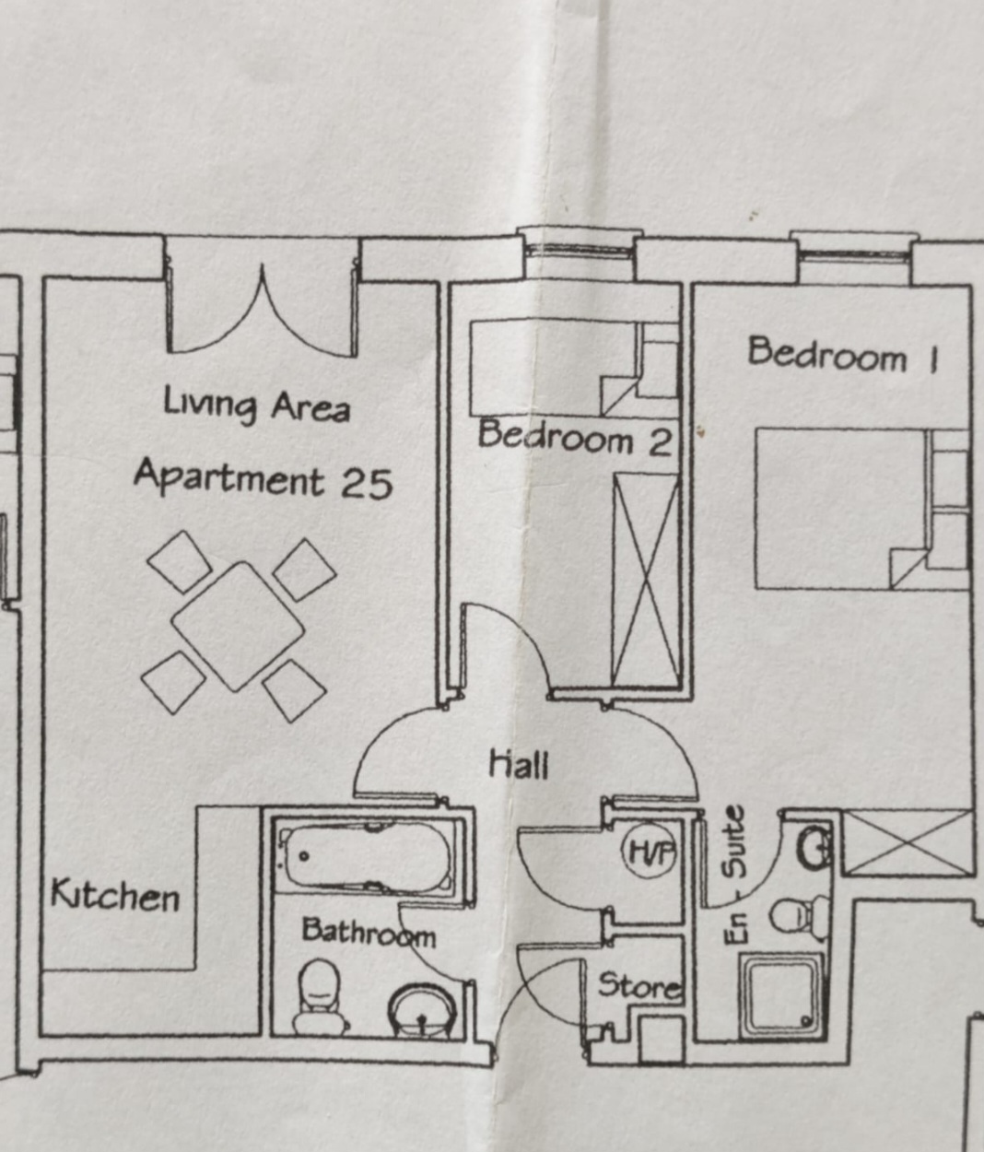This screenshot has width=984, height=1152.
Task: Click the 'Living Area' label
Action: click(257, 406)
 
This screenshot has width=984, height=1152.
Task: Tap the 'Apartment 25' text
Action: click(264, 478)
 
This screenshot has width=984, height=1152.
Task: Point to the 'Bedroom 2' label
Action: click(575, 438)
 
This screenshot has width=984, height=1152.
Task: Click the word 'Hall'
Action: click(519, 763)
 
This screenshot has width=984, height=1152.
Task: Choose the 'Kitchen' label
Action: click(115, 895)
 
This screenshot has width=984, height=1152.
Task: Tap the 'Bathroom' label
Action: click(369, 933)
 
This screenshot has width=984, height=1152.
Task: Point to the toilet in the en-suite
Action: click(800, 917)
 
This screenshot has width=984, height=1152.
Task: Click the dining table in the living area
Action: click(238, 626)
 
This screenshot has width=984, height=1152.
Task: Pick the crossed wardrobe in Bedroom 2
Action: click(647, 579)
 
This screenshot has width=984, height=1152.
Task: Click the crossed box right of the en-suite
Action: click(907, 843)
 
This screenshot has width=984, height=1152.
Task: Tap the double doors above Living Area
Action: click(262, 312)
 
